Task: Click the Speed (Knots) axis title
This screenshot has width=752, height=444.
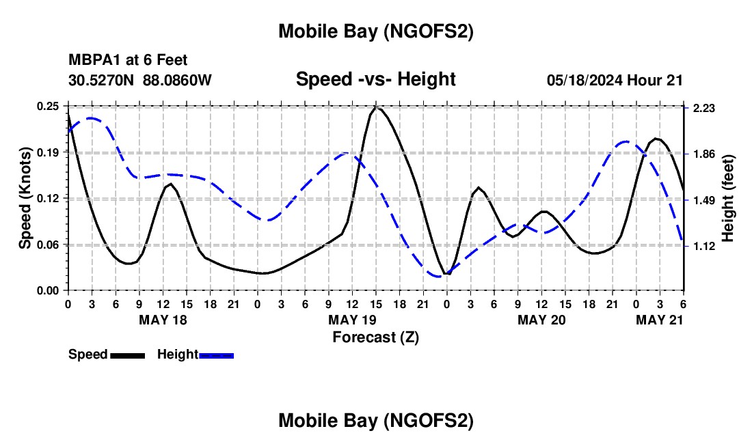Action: (25, 198)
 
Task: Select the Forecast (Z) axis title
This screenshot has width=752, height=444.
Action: (375, 337)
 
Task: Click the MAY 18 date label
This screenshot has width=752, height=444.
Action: (163, 320)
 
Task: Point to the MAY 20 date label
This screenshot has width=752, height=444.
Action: (541, 320)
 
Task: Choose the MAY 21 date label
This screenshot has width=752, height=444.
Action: (660, 320)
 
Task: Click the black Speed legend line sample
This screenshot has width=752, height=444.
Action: (127, 355)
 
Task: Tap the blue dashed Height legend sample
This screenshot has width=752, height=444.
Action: (216, 355)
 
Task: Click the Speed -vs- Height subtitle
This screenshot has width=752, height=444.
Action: (375, 79)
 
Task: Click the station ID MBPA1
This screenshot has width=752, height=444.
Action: (93, 61)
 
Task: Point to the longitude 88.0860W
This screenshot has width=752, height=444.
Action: (178, 80)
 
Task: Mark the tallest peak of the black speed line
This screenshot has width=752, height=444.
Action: (376, 107)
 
